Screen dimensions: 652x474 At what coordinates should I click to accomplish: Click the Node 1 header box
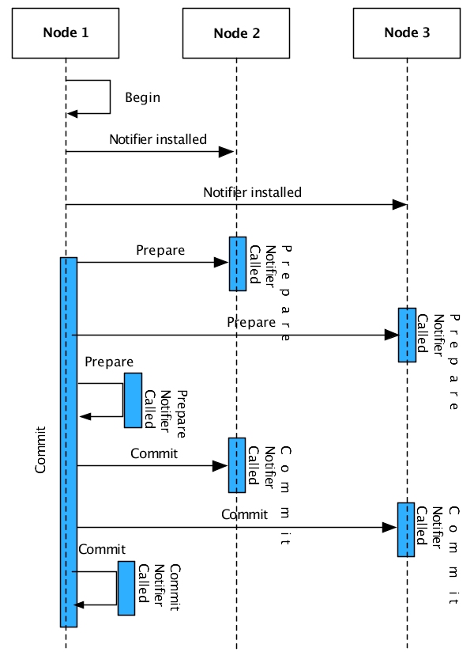65,32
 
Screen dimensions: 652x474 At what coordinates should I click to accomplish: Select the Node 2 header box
236,32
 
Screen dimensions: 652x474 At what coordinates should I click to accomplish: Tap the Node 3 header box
407,32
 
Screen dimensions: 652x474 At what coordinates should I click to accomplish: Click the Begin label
142,98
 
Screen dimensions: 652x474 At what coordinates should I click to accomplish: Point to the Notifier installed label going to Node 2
158,139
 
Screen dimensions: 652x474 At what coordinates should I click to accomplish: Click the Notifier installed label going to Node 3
252,192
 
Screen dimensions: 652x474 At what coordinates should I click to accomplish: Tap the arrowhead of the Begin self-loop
72,114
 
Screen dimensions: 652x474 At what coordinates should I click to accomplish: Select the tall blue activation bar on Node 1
69,442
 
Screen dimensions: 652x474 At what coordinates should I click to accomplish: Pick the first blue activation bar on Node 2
237,263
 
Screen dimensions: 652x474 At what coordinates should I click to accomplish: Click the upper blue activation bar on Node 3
407,335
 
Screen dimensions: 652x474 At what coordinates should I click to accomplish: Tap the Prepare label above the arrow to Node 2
160,251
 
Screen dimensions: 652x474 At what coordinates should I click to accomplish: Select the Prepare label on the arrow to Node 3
251,323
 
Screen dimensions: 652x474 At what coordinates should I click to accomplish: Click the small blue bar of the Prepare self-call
133,400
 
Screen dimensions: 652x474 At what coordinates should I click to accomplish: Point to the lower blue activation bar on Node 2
237,464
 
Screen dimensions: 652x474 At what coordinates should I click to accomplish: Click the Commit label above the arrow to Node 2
154,454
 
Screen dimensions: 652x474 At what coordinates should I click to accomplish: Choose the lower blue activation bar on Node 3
406,529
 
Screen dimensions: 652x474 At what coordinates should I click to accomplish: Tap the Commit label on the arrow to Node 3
245,514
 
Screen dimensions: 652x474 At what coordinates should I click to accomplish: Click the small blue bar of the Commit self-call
126,588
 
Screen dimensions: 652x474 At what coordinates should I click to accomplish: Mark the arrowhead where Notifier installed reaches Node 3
400,205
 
